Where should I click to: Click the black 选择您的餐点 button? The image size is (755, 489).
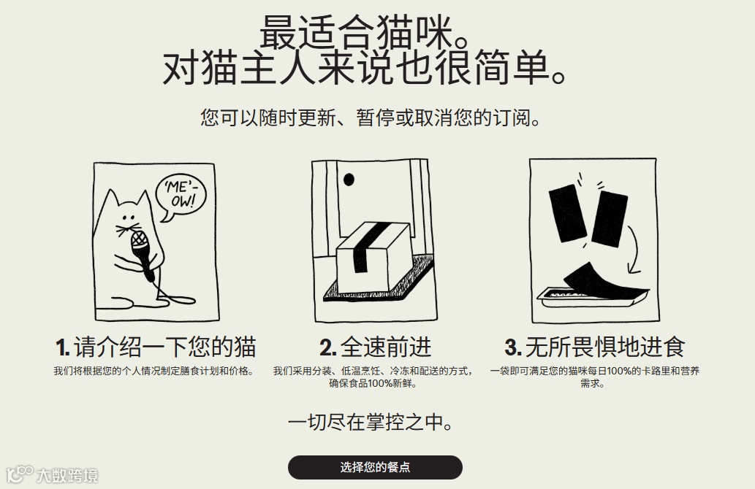tap(375, 467)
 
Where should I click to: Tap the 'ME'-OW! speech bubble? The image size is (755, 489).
tap(181, 196)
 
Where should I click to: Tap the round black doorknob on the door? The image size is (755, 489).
tap(349, 180)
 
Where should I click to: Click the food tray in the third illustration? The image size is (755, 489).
tap(593, 298)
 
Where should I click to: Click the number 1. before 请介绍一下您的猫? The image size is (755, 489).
tap(63, 347)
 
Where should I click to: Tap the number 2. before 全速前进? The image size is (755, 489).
tap(328, 347)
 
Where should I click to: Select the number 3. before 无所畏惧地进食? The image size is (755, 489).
tap(513, 347)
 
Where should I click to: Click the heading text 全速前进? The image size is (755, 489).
tap(386, 347)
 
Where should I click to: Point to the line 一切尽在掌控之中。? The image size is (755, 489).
tap(371, 422)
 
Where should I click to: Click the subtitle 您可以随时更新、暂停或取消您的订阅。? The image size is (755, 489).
tap(371, 118)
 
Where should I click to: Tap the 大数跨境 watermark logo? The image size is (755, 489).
tap(51, 474)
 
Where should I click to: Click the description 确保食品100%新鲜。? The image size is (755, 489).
tap(373, 384)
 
